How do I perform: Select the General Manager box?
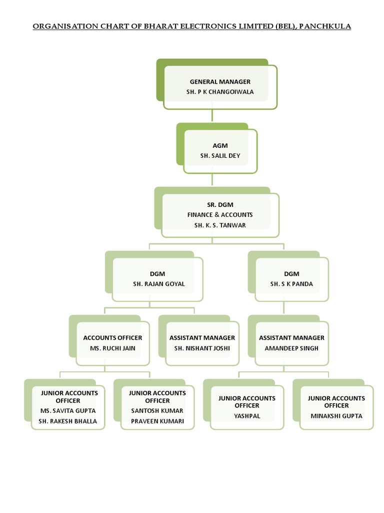click(x=220, y=87)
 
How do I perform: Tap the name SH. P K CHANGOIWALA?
click(x=220, y=92)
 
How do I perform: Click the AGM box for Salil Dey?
click(x=220, y=151)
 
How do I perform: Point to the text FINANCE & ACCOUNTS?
click(x=220, y=215)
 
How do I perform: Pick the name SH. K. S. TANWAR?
click(x=220, y=225)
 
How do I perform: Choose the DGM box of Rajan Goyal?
click(x=157, y=279)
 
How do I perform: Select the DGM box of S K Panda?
click(x=291, y=279)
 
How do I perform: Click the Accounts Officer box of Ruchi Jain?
click(x=112, y=343)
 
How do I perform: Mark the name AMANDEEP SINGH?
click(x=291, y=348)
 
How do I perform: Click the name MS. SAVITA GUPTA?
click(x=68, y=411)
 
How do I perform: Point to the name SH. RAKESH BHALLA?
click(x=68, y=421)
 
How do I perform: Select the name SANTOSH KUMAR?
click(x=157, y=411)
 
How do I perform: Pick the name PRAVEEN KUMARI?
click(x=157, y=421)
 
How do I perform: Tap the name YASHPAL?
click(x=247, y=416)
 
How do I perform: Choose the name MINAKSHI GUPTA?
click(x=336, y=416)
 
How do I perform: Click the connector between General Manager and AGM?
click(x=212, y=116)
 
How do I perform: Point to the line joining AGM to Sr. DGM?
click(x=212, y=180)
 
